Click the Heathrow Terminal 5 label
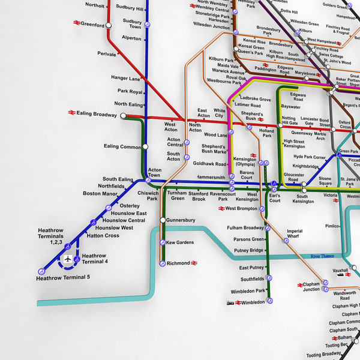click(x=63, y=277)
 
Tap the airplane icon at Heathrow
click(x=68, y=259)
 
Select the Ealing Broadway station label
click(x=96, y=114)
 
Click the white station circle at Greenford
click(x=109, y=25)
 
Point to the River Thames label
click(x=322, y=256)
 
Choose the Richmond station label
click(x=178, y=263)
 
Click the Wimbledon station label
click(x=253, y=302)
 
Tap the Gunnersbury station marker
click(x=163, y=220)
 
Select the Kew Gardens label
click(x=180, y=242)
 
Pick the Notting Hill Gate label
click(x=289, y=121)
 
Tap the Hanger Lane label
click(x=125, y=79)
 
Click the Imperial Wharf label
click(x=294, y=233)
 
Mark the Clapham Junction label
click(x=311, y=287)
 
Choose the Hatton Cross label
click(x=103, y=236)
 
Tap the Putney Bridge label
click(x=248, y=250)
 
